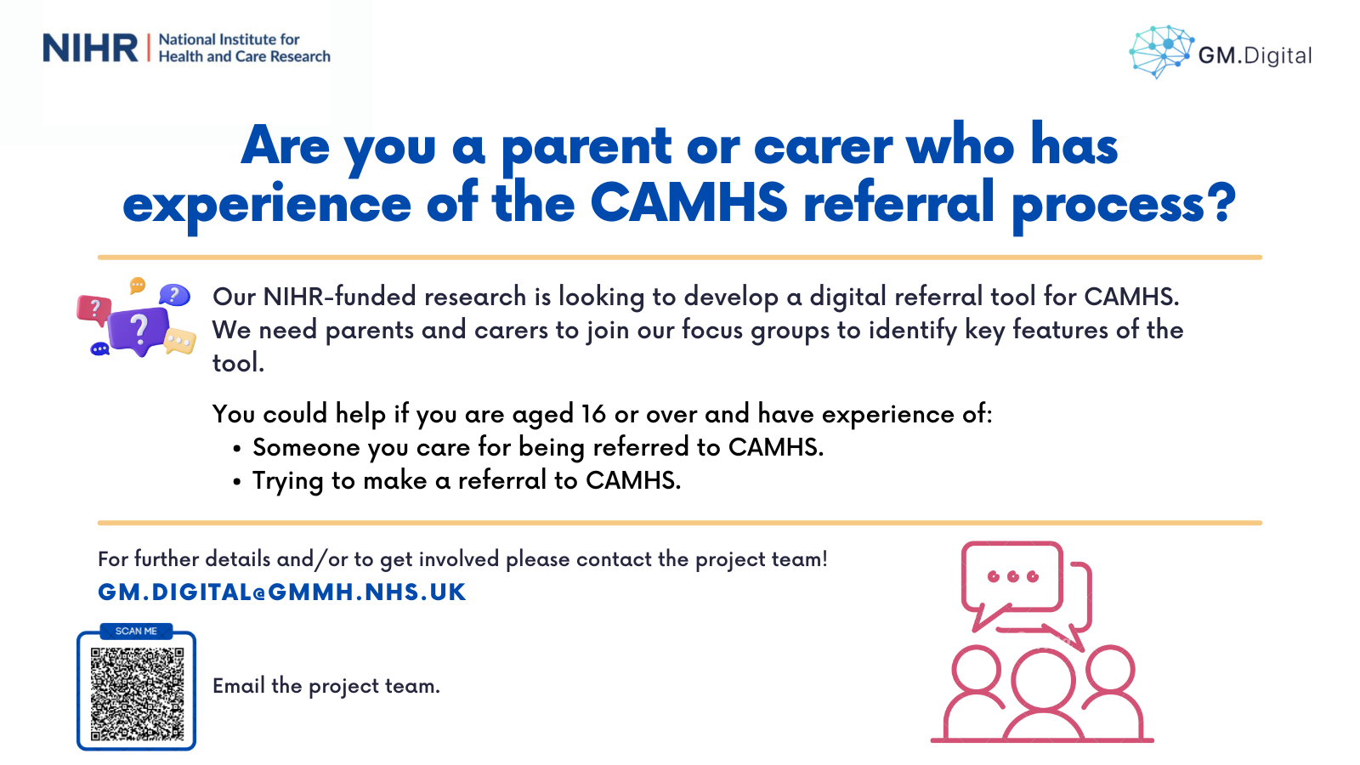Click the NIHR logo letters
point(90,48)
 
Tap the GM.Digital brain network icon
point(1161,52)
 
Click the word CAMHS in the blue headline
point(689,202)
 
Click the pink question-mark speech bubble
point(94,309)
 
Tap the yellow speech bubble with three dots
point(180,341)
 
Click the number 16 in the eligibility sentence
point(593,414)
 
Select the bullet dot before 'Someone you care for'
point(237,450)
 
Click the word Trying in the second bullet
point(288,481)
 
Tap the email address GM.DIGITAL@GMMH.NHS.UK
point(281,592)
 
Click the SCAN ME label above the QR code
point(136,632)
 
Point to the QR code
point(137,694)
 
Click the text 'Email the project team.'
point(326,686)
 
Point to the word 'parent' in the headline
point(586,148)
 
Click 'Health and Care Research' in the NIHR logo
point(245,56)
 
